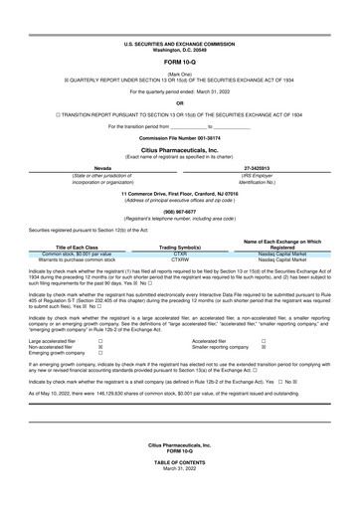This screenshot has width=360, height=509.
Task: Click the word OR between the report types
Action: pyautogui.click(x=180, y=100)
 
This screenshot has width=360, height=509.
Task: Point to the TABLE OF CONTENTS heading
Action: pyautogui.click(x=180, y=485)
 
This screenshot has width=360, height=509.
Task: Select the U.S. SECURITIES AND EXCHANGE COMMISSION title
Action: pyautogui.click(x=180, y=17)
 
